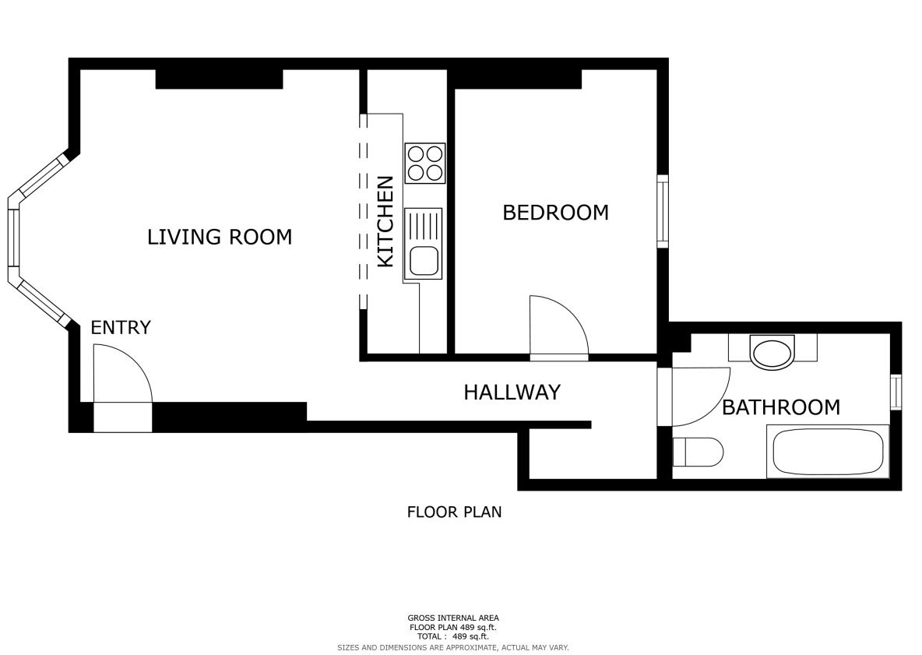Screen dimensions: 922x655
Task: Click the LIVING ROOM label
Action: pyautogui.click(x=220, y=237)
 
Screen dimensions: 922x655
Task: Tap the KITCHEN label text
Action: pyautogui.click(x=385, y=221)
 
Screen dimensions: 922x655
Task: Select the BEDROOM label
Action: pyautogui.click(x=556, y=213)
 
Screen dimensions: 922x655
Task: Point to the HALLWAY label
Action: pyautogui.click(x=512, y=393)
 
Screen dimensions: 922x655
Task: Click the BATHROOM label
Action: pyautogui.click(x=781, y=407)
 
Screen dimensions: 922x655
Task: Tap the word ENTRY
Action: pyautogui.click(x=121, y=327)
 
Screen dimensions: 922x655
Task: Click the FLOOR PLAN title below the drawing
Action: pyautogui.click(x=455, y=512)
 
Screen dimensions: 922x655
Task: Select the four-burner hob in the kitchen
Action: pyautogui.click(x=425, y=164)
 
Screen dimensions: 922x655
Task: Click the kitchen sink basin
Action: pyautogui.click(x=424, y=261)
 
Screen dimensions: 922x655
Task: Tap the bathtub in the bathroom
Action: pyautogui.click(x=828, y=452)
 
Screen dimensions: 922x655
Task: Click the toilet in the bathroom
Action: pyautogui.click(x=698, y=452)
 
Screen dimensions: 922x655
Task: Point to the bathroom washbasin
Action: pyautogui.click(x=772, y=352)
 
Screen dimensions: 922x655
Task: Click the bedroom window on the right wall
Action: pyautogui.click(x=663, y=211)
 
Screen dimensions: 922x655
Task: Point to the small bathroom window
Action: pyautogui.click(x=896, y=392)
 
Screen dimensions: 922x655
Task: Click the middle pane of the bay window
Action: pyautogui.click(x=13, y=239)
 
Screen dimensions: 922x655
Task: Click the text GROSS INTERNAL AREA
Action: pyautogui.click(x=453, y=618)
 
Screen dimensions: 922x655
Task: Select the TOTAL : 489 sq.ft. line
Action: pyautogui.click(x=453, y=637)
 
